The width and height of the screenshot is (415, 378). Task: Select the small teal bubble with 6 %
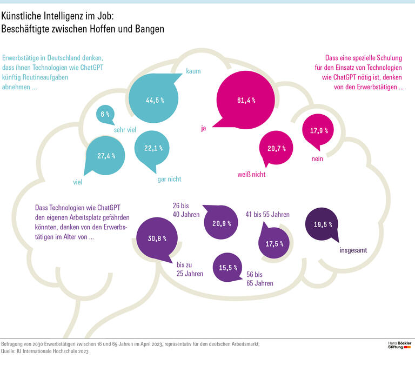[105, 114]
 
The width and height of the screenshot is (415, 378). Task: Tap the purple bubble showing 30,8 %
[157, 238]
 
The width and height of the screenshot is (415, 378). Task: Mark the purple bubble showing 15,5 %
[229, 268]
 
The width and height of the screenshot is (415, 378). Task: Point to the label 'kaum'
[193, 71]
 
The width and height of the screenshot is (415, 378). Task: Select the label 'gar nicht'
[169, 179]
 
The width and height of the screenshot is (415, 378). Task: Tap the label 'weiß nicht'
[252, 174]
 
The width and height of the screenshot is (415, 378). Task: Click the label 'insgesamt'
[353, 251]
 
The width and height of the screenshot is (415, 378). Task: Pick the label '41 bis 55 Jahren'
[267, 215]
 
